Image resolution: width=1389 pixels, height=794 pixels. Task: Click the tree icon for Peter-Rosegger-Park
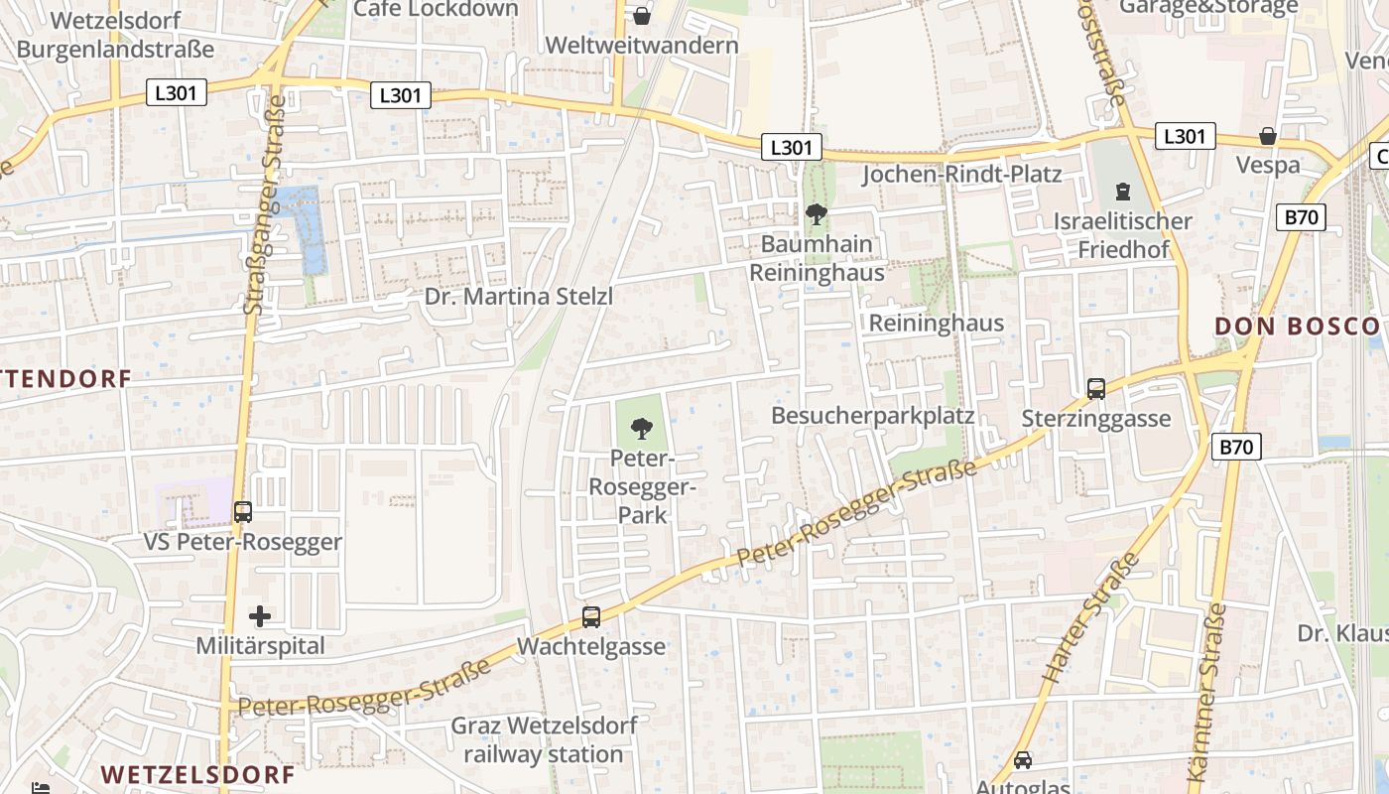642,429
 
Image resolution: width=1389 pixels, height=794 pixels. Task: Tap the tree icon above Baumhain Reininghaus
817,213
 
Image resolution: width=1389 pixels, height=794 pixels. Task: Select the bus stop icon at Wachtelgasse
591,616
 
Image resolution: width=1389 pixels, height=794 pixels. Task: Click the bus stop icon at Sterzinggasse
1096,389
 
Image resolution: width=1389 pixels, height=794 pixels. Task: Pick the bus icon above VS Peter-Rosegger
243,512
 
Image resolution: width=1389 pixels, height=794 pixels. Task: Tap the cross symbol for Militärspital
260,616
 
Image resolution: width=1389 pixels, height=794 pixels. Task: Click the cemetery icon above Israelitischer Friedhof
1123,191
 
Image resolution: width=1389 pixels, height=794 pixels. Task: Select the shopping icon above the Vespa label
1268,136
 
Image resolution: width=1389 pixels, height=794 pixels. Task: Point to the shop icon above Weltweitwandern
642,16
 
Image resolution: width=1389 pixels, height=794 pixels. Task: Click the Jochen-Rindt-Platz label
961,175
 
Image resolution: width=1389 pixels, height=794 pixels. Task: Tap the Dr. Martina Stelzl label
519,297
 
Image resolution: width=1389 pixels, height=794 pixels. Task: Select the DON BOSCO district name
1297,327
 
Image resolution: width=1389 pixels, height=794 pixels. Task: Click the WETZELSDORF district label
198,774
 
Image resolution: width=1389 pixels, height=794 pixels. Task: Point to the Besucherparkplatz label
873,415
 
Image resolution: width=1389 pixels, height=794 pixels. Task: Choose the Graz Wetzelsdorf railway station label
544,739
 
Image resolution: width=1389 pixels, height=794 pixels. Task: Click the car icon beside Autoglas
1023,760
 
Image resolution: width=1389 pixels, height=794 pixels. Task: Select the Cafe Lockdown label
436,9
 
